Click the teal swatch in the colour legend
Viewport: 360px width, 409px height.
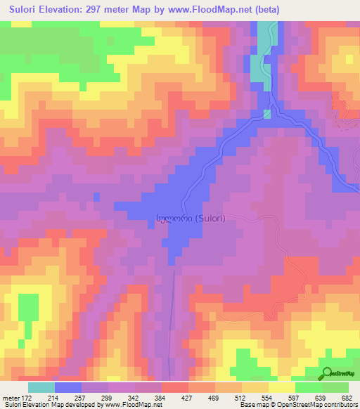pyautogui.click(x=41, y=387)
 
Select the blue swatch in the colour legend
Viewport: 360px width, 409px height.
pyautogui.click(x=68, y=387)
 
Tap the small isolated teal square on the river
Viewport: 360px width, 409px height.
pyautogui.click(x=267, y=113)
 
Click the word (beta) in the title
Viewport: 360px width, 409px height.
pyautogui.click(x=262, y=10)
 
